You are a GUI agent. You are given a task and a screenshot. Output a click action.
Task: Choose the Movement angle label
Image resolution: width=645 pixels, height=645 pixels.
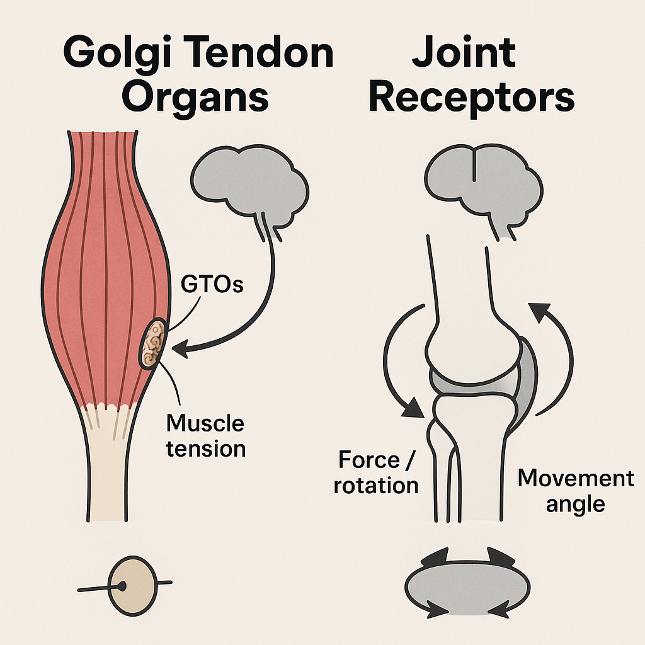coord(574,491)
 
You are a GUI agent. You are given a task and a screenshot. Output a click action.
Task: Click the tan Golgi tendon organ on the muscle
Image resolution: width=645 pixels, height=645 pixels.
coord(153,344)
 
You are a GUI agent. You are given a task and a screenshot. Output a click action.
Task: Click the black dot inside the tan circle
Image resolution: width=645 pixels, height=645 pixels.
coord(122,586)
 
